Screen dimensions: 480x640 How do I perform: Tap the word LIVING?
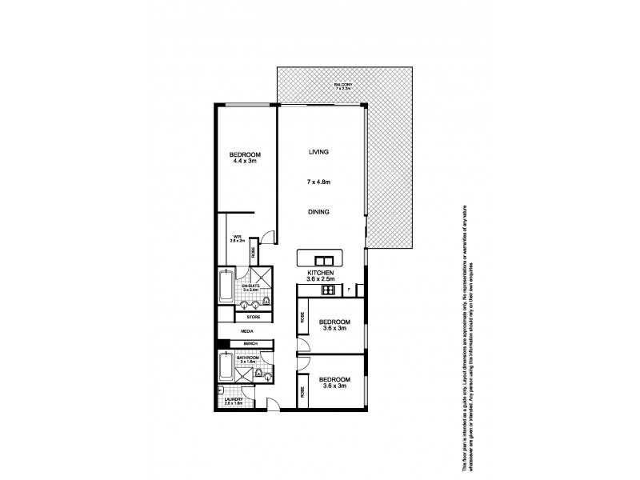pos(319,151)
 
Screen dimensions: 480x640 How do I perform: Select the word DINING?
pos(319,212)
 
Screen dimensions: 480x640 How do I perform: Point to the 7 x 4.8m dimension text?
pos(319,182)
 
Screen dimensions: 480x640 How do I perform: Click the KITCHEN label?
pos(320,273)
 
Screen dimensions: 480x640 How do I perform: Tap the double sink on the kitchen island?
pos(324,260)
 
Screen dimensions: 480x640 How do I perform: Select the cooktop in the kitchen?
pos(327,290)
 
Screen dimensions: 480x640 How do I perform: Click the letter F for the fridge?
pos(349,290)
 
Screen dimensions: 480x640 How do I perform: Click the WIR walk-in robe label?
pos(238,238)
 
